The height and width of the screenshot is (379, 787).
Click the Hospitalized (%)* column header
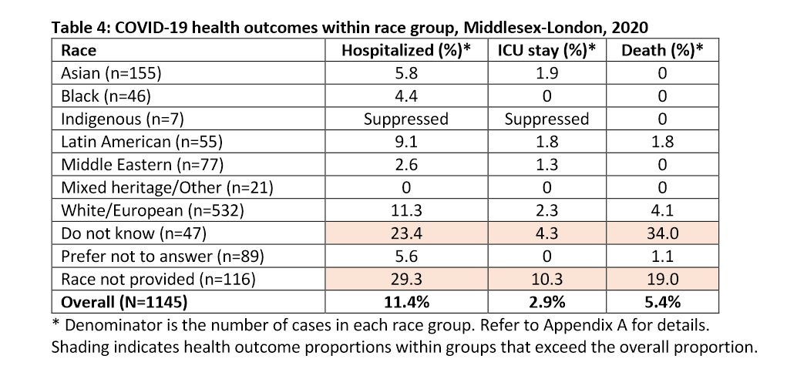point(405,51)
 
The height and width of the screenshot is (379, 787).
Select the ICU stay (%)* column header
point(547,51)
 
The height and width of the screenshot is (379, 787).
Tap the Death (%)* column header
point(661,51)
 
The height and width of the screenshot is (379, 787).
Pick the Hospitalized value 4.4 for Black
point(405,96)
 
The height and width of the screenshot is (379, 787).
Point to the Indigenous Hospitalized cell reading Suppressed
point(405,119)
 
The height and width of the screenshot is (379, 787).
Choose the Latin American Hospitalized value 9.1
point(405,141)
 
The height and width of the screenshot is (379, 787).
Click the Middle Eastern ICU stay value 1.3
point(547,164)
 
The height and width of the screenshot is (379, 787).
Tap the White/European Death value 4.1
point(661,209)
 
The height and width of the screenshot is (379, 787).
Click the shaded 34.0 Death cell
point(661,232)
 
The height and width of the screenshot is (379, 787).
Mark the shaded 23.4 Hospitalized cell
point(405,232)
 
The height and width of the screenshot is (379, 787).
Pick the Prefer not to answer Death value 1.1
point(661,254)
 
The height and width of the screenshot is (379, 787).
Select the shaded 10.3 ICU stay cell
point(547,277)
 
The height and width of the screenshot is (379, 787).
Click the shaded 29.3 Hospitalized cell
point(405,277)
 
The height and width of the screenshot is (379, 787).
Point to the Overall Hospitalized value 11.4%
point(405,300)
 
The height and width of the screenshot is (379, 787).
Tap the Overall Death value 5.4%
point(661,300)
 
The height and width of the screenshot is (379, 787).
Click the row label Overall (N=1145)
point(122,300)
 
